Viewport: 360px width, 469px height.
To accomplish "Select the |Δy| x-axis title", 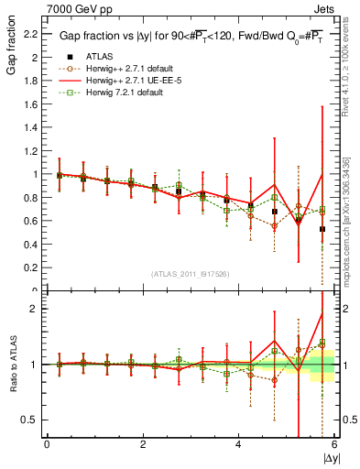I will (330, 456).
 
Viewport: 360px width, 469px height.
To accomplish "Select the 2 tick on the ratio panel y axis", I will (35, 309).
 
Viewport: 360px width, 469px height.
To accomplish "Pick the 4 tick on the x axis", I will (238, 444).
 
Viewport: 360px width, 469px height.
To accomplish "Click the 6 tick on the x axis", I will (333, 444).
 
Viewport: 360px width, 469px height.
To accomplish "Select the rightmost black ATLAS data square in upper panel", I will (322, 229).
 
